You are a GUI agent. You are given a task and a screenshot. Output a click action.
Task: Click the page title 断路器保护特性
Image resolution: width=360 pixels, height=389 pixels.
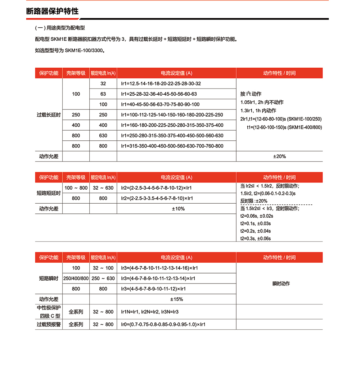pyautogui.click(x=52, y=11)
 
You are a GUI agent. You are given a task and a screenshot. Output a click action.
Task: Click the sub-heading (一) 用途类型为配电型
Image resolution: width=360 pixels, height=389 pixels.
pyautogui.click(x=60, y=28)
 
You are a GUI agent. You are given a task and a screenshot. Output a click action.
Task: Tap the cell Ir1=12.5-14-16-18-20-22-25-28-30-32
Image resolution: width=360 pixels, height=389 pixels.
pyautogui.click(x=161, y=83)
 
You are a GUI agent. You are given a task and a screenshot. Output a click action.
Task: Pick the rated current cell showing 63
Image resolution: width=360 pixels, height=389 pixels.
pyautogui.click(x=103, y=94)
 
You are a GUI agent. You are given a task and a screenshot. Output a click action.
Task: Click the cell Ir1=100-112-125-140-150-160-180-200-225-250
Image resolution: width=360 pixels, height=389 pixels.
pyautogui.click(x=172, y=115)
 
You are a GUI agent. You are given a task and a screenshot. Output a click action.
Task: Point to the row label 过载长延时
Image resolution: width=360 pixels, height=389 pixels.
pyautogui.click(x=49, y=115)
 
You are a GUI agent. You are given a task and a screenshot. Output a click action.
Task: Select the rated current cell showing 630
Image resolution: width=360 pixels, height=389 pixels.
pyautogui.click(x=103, y=136)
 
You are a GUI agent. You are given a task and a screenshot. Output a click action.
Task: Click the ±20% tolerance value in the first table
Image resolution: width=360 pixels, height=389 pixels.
pyautogui.click(x=279, y=157)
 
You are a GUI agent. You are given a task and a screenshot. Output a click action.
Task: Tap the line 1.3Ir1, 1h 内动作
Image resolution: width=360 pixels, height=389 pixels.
pyautogui.click(x=258, y=110)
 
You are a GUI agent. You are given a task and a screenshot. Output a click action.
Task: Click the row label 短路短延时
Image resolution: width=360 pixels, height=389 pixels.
pyautogui.click(x=49, y=193)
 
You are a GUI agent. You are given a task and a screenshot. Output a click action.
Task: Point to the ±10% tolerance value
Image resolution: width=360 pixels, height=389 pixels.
pyautogui.click(x=177, y=209)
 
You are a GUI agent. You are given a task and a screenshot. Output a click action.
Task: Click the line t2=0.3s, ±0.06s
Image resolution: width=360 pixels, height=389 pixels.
pyautogui.click(x=255, y=238)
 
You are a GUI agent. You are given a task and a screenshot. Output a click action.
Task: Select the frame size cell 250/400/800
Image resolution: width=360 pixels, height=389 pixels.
pyautogui.click(x=76, y=279)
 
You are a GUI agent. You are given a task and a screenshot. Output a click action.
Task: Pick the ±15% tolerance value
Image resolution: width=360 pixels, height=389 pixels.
pyautogui.click(x=177, y=299)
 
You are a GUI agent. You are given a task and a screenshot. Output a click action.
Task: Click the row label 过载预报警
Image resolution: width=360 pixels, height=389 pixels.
pyautogui.click(x=49, y=324)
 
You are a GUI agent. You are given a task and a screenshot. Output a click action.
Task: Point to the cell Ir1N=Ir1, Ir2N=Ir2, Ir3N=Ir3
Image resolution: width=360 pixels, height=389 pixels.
pyautogui.click(x=150, y=312)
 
